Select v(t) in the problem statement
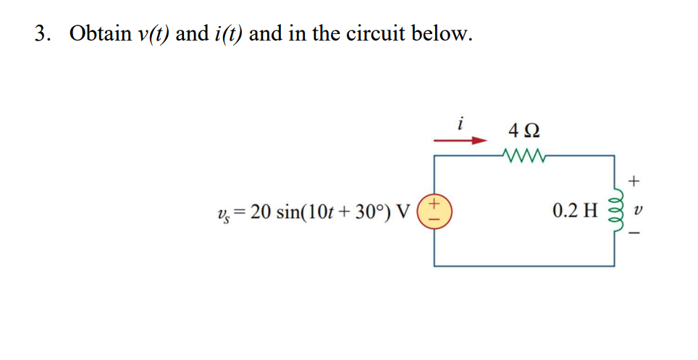pyautogui.click(x=151, y=34)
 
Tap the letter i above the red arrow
pyautogui.click(x=461, y=123)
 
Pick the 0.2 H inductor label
pyautogui.click(x=574, y=212)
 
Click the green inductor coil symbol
pyautogui.click(x=615, y=212)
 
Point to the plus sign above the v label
pyautogui.click(x=636, y=177)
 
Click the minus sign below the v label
pyautogui.click(x=636, y=234)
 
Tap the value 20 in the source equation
pyautogui.click(x=261, y=212)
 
